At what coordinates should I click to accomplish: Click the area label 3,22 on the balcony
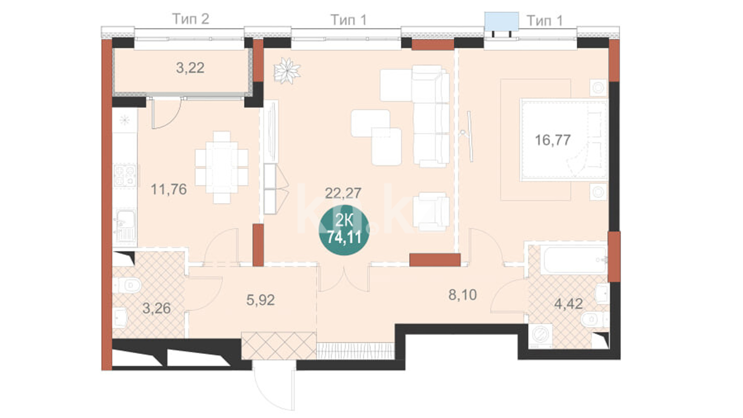[x=190, y=68]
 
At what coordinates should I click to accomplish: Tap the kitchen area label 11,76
[x=169, y=189]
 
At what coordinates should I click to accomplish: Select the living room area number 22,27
[x=343, y=193]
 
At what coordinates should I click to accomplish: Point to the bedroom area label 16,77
[x=553, y=140]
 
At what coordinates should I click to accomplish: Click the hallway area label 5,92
[x=260, y=300]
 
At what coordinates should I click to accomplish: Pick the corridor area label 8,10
[x=462, y=295]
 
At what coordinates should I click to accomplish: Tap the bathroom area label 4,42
[x=568, y=304]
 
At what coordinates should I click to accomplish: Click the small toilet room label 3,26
[x=156, y=308]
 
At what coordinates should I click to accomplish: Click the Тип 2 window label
[x=190, y=19]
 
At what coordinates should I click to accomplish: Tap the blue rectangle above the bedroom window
[x=502, y=21]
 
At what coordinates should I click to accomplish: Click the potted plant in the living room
[x=287, y=70]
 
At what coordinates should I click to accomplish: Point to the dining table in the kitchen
[x=222, y=167]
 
